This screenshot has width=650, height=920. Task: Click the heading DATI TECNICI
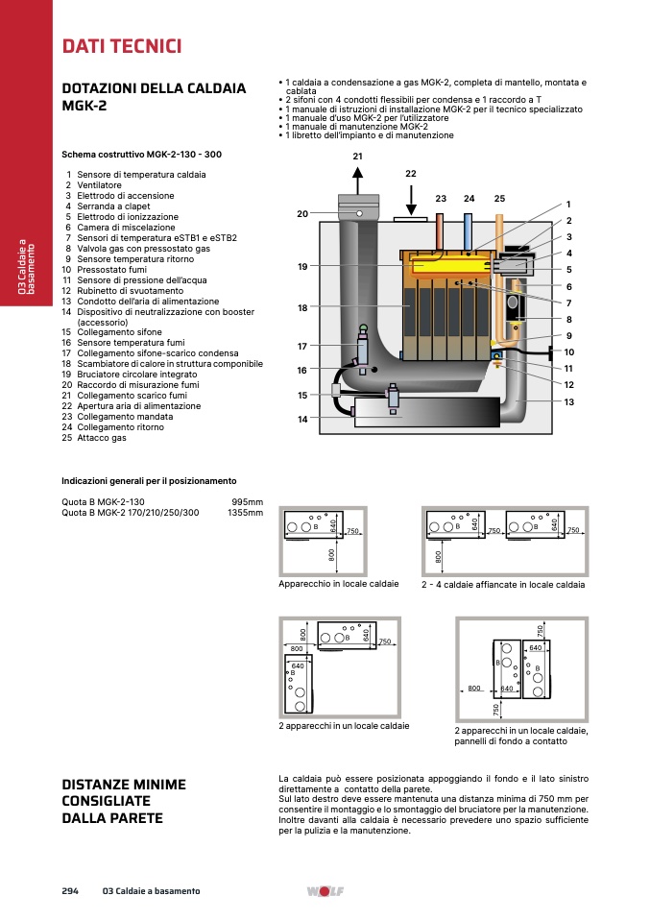(x=122, y=46)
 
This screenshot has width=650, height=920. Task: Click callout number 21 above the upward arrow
(x=358, y=157)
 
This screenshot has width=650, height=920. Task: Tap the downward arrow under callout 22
(x=411, y=200)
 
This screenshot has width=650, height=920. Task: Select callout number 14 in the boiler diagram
(x=302, y=419)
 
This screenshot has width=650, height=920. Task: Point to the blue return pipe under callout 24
(x=469, y=232)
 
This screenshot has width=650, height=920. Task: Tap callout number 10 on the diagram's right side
(x=569, y=352)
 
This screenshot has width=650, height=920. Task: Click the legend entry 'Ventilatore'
(x=99, y=185)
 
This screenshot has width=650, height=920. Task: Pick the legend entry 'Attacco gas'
(x=102, y=438)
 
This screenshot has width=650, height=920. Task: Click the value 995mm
(x=248, y=502)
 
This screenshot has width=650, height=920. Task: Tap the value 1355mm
(x=245, y=513)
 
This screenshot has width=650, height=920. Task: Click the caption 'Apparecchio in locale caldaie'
(x=339, y=584)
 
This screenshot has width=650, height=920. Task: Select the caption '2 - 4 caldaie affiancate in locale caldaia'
(x=503, y=585)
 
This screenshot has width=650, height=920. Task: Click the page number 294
(x=70, y=890)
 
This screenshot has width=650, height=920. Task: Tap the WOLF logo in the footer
(x=325, y=891)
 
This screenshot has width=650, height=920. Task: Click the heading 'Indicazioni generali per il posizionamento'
(x=149, y=481)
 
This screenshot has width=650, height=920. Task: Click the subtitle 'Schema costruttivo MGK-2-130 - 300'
(x=141, y=155)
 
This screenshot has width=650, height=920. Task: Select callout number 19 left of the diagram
(x=302, y=266)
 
